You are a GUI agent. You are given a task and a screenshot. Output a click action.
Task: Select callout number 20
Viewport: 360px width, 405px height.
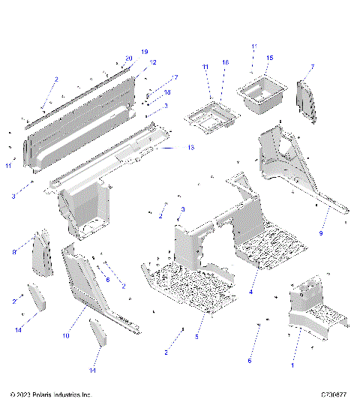pyautogui.click(x=129, y=58)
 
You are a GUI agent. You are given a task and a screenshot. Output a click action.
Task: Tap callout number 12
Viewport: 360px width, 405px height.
pyautogui.click(x=153, y=62)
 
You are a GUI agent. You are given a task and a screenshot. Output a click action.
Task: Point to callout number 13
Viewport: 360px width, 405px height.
pyautogui.click(x=190, y=148)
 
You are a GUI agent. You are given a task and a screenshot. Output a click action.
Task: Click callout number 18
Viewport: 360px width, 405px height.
pyautogui.click(x=167, y=91)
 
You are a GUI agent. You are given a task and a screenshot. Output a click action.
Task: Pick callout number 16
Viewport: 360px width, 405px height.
pyautogui.click(x=225, y=62)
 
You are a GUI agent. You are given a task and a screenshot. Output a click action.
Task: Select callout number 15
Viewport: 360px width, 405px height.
pyautogui.click(x=270, y=57)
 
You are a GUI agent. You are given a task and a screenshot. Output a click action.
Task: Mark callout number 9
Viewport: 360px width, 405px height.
pyautogui.click(x=324, y=234)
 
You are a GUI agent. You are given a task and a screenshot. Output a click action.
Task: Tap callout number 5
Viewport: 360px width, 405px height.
pyautogui.click(x=197, y=337)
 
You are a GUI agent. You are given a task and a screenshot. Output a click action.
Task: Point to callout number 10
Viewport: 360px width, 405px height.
pyautogui.click(x=66, y=336)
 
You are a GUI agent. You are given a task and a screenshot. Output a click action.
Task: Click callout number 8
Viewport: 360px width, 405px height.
pyautogui.click(x=13, y=253)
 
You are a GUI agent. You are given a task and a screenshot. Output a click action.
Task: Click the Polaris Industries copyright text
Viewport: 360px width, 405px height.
pyautogui.click(x=51, y=394)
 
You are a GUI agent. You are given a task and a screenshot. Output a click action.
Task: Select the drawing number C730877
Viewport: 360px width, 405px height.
pyautogui.click(x=333, y=394)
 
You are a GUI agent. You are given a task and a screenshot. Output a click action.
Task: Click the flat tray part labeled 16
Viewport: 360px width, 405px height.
pyautogui.click(x=211, y=116)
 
